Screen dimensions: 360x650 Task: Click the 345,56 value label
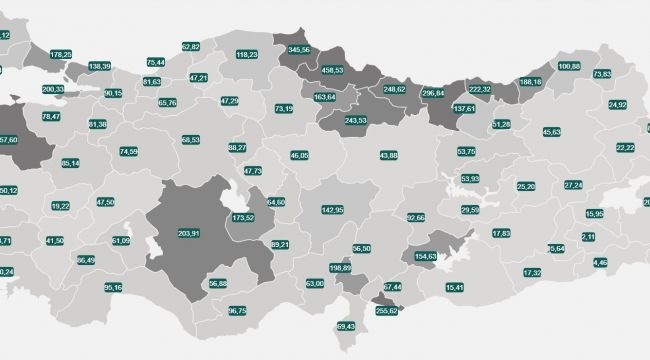[x=298, y=49]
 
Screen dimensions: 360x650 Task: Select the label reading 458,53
[x=331, y=70]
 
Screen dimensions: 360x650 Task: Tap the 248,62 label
[x=394, y=89]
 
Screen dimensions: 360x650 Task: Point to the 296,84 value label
[x=433, y=92]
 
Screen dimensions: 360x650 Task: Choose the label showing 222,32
[x=480, y=89]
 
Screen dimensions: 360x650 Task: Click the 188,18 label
[x=530, y=82]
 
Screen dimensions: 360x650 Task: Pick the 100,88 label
[x=568, y=66]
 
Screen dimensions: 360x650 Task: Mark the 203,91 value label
[x=188, y=233]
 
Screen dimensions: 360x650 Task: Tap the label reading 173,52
[x=242, y=217]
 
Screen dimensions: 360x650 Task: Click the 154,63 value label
[x=426, y=256]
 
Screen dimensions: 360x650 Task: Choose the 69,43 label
[x=346, y=326]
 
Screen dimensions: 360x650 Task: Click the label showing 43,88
[x=389, y=155]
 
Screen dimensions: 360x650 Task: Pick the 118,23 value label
[x=246, y=55]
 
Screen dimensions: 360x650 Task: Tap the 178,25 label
[x=60, y=54]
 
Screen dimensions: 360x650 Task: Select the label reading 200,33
[x=53, y=89]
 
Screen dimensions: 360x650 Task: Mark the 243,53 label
[x=355, y=120]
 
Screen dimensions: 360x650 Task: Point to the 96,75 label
[x=237, y=311]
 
